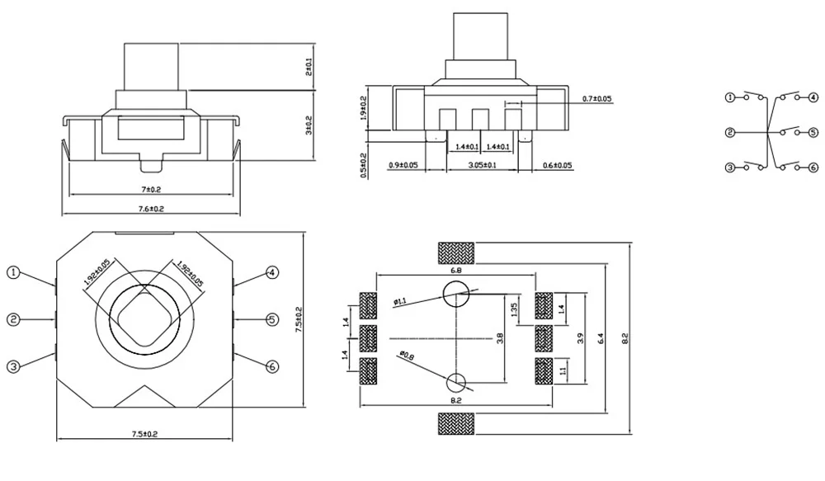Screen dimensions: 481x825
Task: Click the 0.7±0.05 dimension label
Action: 597,99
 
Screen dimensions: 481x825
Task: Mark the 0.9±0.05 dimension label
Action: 403,166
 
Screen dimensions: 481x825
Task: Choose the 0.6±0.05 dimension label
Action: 558,166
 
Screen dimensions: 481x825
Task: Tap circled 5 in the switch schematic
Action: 813,132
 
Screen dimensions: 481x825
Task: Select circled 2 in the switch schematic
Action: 729,132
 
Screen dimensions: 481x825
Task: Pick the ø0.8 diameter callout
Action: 406,356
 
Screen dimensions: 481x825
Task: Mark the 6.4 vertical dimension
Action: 602,337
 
